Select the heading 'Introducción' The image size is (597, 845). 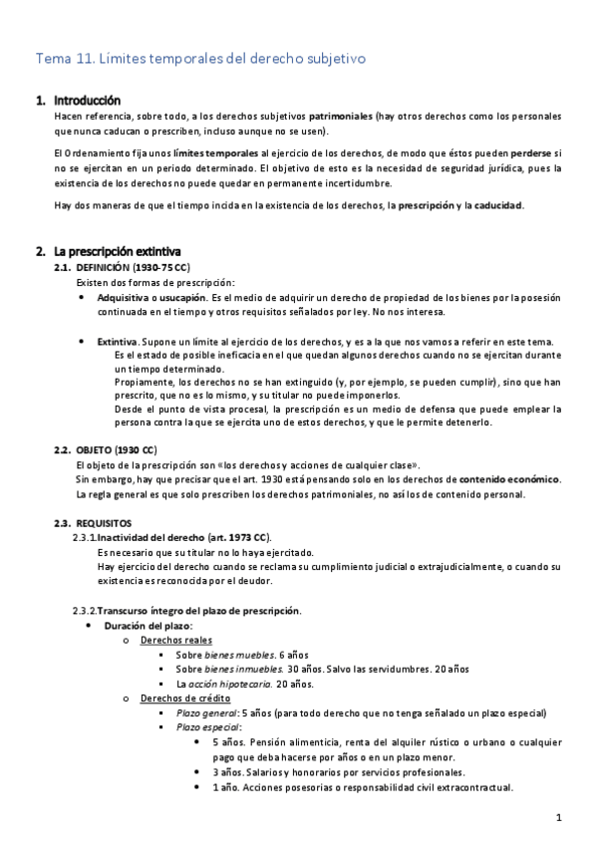pos(87,101)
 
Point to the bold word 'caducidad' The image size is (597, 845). pos(495,206)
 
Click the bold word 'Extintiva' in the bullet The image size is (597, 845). pos(117,342)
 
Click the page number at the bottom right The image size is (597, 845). pos(560,818)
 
